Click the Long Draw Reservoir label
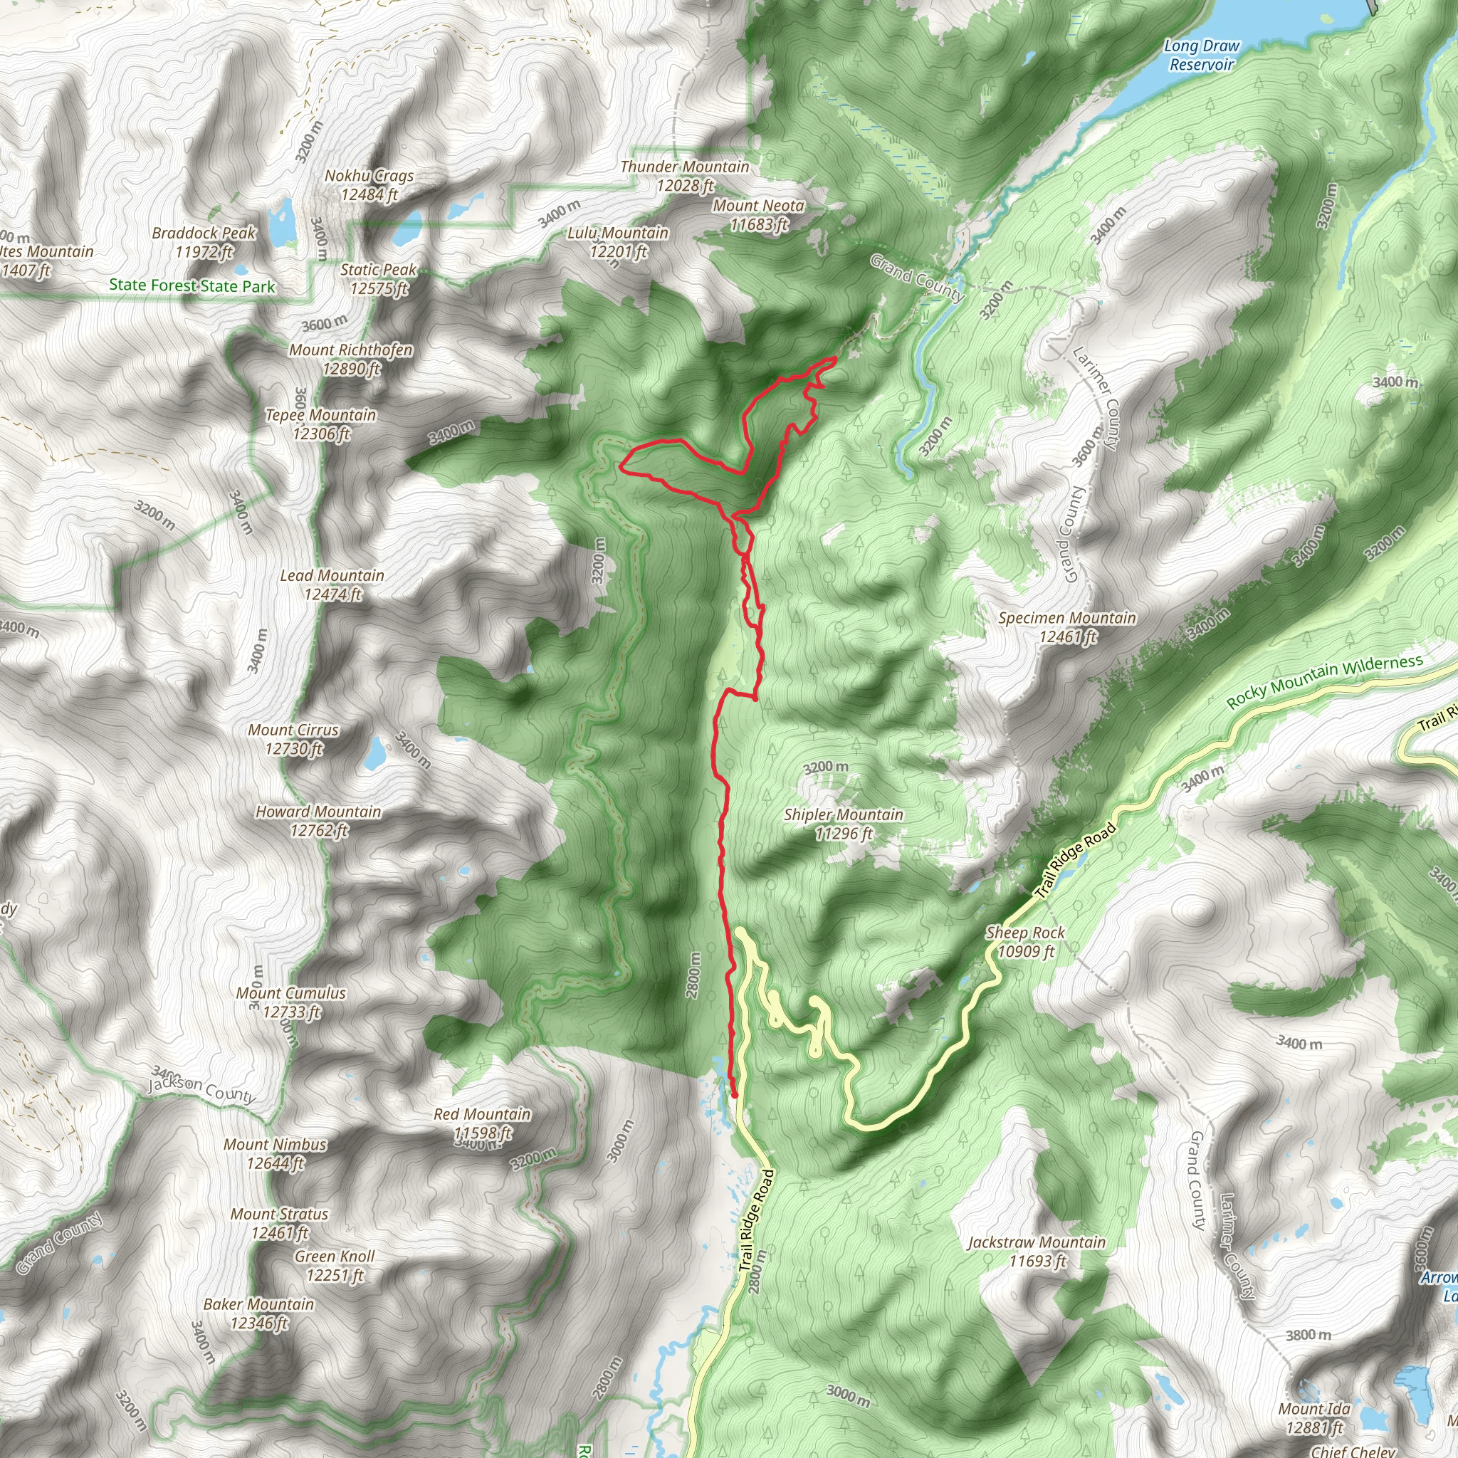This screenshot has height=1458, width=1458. (x=1202, y=55)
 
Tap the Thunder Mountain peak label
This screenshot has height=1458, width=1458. (x=684, y=176)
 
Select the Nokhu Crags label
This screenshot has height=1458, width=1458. (x=369, y=185)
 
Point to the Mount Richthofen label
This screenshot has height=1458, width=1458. (x=351, y=360)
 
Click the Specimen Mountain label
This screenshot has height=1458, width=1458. (x=1067, y=627)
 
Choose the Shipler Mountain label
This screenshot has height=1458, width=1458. (x=843, y=824)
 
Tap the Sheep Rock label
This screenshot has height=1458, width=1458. (x=1025, y=942)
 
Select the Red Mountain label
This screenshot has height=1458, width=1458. (x=482, y=1123)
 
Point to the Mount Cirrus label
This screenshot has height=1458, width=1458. (x=293, y=740)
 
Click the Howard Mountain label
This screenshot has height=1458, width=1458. (x=318, y=821)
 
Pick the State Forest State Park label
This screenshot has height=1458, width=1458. (x=192, y=285)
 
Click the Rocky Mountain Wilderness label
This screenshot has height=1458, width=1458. (x=1324, y=681)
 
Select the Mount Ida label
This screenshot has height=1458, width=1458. (x=1314, y=1418)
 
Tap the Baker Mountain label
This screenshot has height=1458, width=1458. (x=259, y=1313)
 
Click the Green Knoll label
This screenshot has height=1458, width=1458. (x=335, y=1266)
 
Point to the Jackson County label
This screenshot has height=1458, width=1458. (x=202, y=1089)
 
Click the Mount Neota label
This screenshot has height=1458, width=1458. (x=758, y=215)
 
